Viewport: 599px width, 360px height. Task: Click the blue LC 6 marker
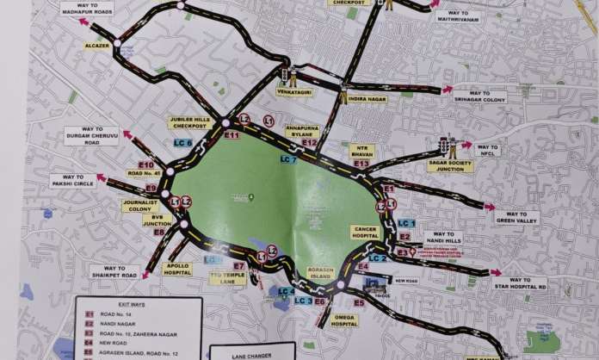click(x=183, y=144)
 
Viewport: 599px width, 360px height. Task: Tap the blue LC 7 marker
click(x=288, y=159)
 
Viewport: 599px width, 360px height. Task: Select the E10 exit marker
click(x=145, y=164)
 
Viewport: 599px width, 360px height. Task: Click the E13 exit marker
click(x=361, y=163)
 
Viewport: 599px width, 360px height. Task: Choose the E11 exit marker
click(x=231, y=135)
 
